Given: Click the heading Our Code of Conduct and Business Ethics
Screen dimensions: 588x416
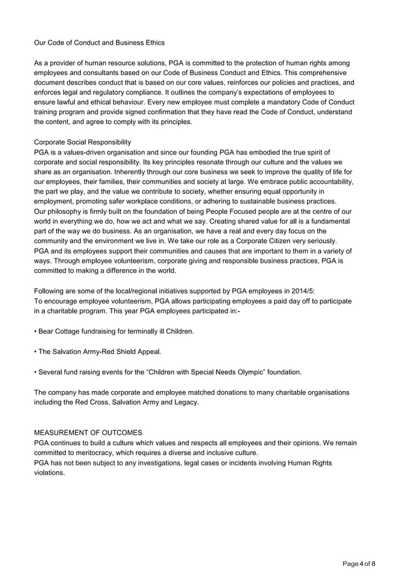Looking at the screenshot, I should (x=99, y=42).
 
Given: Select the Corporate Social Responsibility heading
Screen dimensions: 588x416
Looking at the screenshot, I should (x=82, y=141).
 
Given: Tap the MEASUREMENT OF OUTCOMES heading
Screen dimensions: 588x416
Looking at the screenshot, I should (x=92, y=433).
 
